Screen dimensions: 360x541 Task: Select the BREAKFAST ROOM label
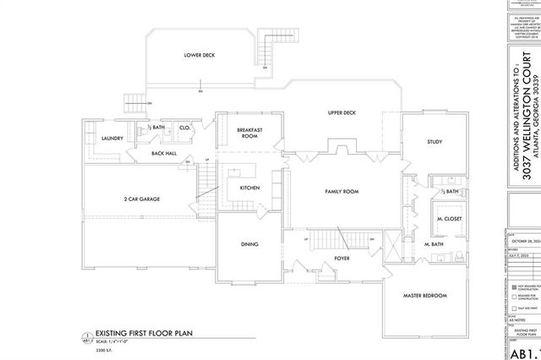249,133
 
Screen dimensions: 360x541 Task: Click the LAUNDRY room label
112,138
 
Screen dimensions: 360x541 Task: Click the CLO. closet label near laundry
183,128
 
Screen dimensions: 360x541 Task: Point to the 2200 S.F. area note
103,349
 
